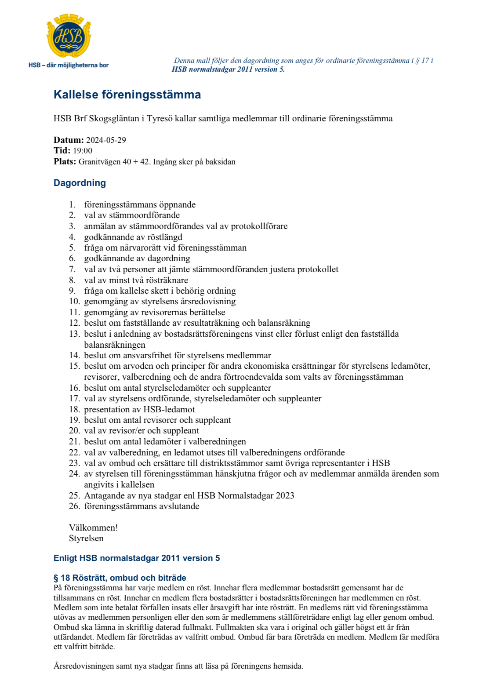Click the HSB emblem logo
69,36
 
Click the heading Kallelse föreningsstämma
127,95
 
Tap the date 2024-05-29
106,140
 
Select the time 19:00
83,151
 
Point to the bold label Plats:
65,162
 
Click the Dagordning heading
80,183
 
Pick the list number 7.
72,269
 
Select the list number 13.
74,334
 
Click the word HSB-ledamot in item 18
169,409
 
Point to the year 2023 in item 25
285,495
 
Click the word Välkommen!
93,528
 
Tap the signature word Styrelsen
86,538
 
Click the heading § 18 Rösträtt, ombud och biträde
120,578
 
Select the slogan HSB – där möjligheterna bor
69,65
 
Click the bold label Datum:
69,140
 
